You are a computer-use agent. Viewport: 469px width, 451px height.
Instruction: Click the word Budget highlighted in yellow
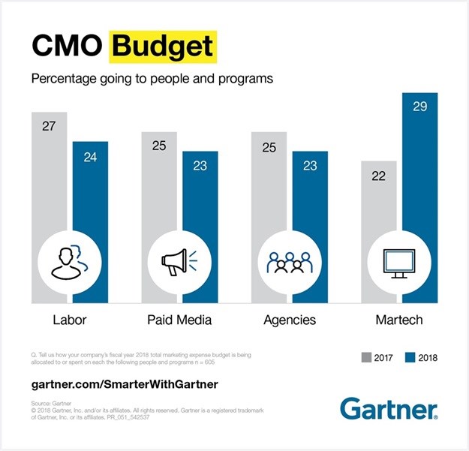(163, 47)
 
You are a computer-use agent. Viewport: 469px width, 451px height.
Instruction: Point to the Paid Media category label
(179, 320)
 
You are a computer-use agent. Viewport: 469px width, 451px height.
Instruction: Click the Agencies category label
(290, 320)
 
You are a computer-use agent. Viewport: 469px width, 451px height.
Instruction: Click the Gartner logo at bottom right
(389, 408)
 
